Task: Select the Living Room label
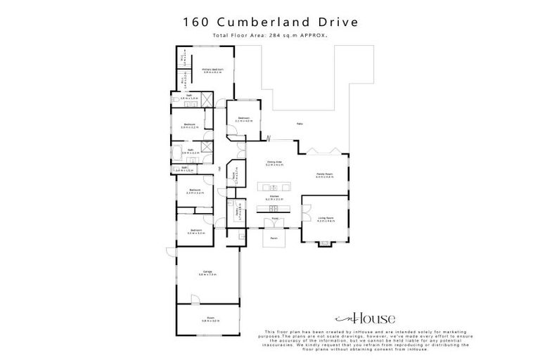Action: coord(324,219)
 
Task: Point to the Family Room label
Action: coord(324,174)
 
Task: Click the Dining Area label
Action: coord(274,163)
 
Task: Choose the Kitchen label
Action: coord(274,198)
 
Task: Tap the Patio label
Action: coord(300,124)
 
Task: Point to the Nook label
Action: coord(234,174)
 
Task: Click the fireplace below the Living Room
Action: coord(324,243)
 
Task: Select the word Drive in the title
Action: coord(337,22)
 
